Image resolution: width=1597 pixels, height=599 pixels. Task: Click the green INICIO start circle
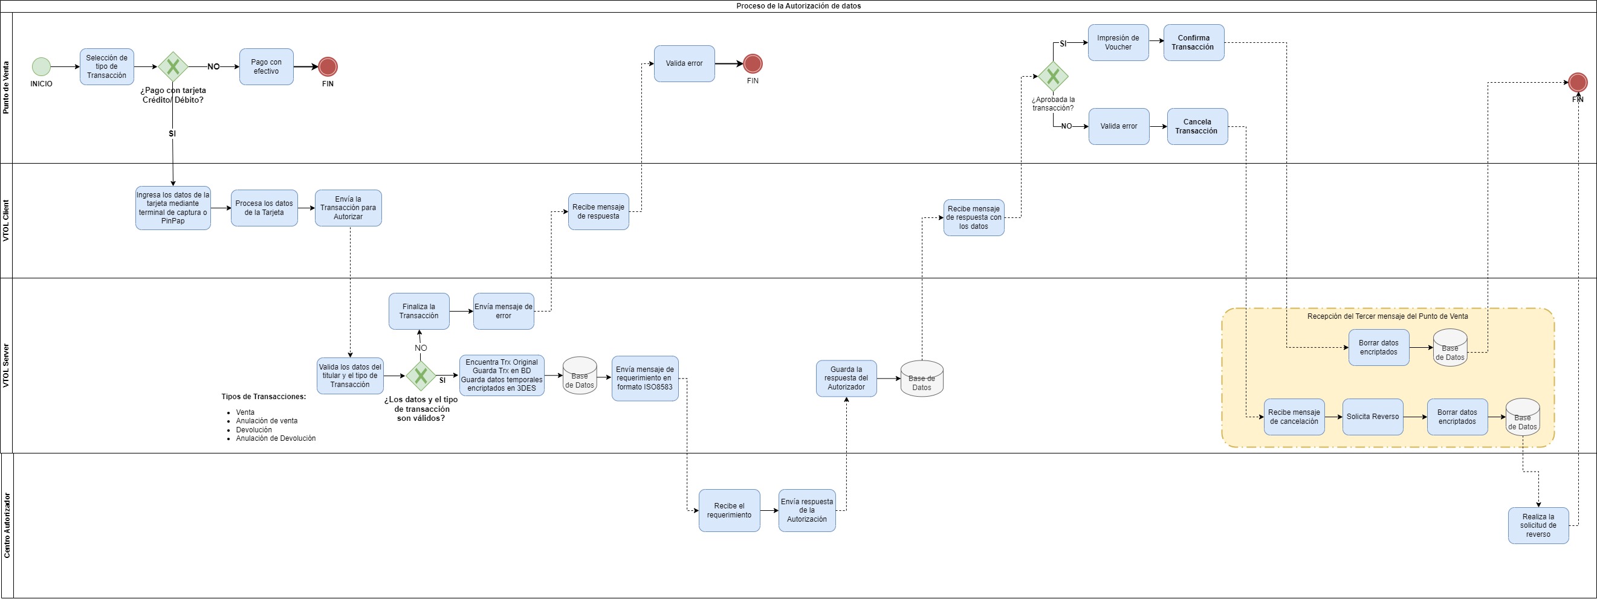coord(42,66)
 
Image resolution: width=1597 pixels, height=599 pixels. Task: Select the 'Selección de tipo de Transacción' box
coord(106,67)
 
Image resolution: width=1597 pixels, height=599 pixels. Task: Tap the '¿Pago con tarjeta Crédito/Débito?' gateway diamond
coord(173,66)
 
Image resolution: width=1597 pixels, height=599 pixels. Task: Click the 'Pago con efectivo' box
coord(266,67)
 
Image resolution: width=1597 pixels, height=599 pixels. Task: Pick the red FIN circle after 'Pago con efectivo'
coord(328,66)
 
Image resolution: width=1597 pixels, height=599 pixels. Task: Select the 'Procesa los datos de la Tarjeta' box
coord(264,208)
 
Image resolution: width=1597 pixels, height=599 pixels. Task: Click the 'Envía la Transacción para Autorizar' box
coord(348,208)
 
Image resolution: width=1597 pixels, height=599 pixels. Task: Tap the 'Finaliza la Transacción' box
coord(418,311)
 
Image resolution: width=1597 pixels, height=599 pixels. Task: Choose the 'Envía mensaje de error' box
coord(504,311)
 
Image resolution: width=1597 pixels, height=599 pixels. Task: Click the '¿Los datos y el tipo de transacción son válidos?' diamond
coord(421,376)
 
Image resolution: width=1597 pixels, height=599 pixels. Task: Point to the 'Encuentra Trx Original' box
coord(502,376)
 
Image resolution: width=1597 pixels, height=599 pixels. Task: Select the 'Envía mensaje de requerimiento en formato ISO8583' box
coord(645,379)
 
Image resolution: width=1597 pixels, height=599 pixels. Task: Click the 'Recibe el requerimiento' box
coord(729,510)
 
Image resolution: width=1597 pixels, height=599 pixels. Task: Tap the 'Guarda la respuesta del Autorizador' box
coord(846,379)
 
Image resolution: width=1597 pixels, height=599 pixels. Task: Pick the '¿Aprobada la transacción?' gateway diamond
coord(1053,76)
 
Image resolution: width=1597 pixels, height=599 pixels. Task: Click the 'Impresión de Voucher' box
coord(1118,43)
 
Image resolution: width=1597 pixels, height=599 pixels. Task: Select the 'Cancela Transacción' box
coord(1196,126)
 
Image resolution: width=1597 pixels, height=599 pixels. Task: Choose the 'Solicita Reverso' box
coord(1373,417)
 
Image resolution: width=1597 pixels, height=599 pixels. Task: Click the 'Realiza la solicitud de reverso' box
coord(1538,525)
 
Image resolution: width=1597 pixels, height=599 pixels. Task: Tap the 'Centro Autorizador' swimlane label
coord(7,525)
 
